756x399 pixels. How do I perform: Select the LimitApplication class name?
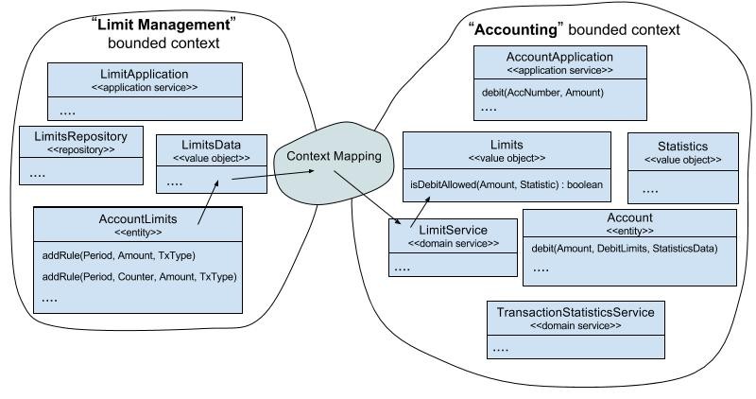[x=144, y=74]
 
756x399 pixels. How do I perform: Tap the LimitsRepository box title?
[x=80, y=135]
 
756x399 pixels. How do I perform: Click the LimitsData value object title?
[x=211, y=145]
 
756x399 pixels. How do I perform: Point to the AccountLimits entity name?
[x=137, y=218]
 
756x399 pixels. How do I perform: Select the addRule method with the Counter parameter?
[x=139, y=277]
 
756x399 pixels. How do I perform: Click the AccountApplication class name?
[x=559, y=57]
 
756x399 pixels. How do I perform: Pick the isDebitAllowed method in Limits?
[x=506, y=183]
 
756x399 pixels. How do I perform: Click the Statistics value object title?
[x=682, y=147]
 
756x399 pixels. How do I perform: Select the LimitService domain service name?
[x=453, y=230]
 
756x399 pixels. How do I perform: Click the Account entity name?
[x=628, y=217]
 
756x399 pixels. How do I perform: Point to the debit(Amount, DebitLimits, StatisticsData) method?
[x=625, y=248]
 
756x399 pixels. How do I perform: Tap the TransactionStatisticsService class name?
[x=575, y=311]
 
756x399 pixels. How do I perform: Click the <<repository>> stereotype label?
[x=80, y=149]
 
